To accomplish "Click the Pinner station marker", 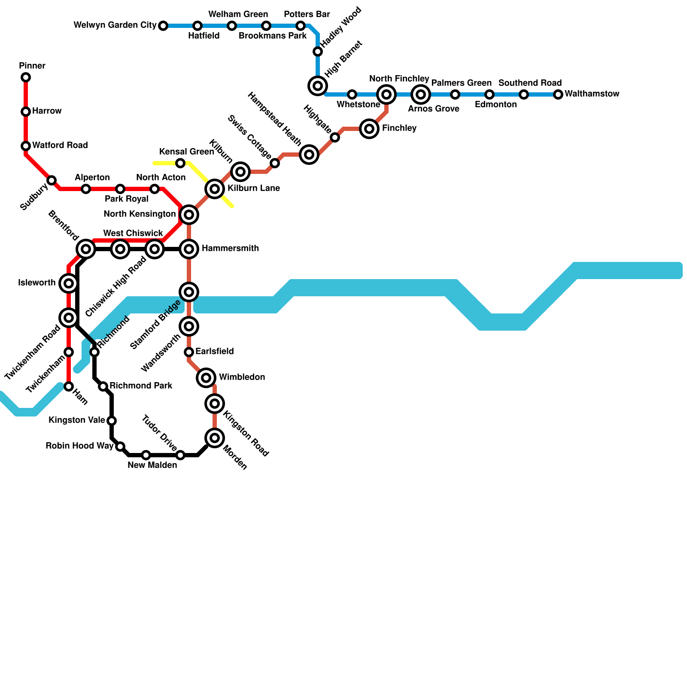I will tap(26, 77).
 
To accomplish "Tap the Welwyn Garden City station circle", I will tap(163, 26).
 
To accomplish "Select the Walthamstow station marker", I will tap(558, 94).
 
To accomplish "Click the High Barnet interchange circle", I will tap(318, 86).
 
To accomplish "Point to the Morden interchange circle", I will tap(215, 438).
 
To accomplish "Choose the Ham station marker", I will tap(69, 386).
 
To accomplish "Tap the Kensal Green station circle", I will tap(180, 163).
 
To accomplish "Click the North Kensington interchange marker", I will tap(189, 215).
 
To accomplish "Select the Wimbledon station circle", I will tap(206, 378).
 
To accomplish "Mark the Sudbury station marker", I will tap(52, 180).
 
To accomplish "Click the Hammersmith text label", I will tap(230, 248).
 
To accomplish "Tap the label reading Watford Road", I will tap(60, 145).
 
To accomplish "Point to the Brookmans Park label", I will tap(273, 36).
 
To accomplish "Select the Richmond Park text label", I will tap(141, 386).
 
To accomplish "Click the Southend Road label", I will tap(530, 83).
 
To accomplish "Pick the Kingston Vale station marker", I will tap(112, 420).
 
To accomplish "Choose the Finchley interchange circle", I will tap(369, 129).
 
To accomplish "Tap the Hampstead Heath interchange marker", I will tap(309, 155).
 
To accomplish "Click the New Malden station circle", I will tap(146, 455).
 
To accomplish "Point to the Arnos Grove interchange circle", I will tap(421, 94).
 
